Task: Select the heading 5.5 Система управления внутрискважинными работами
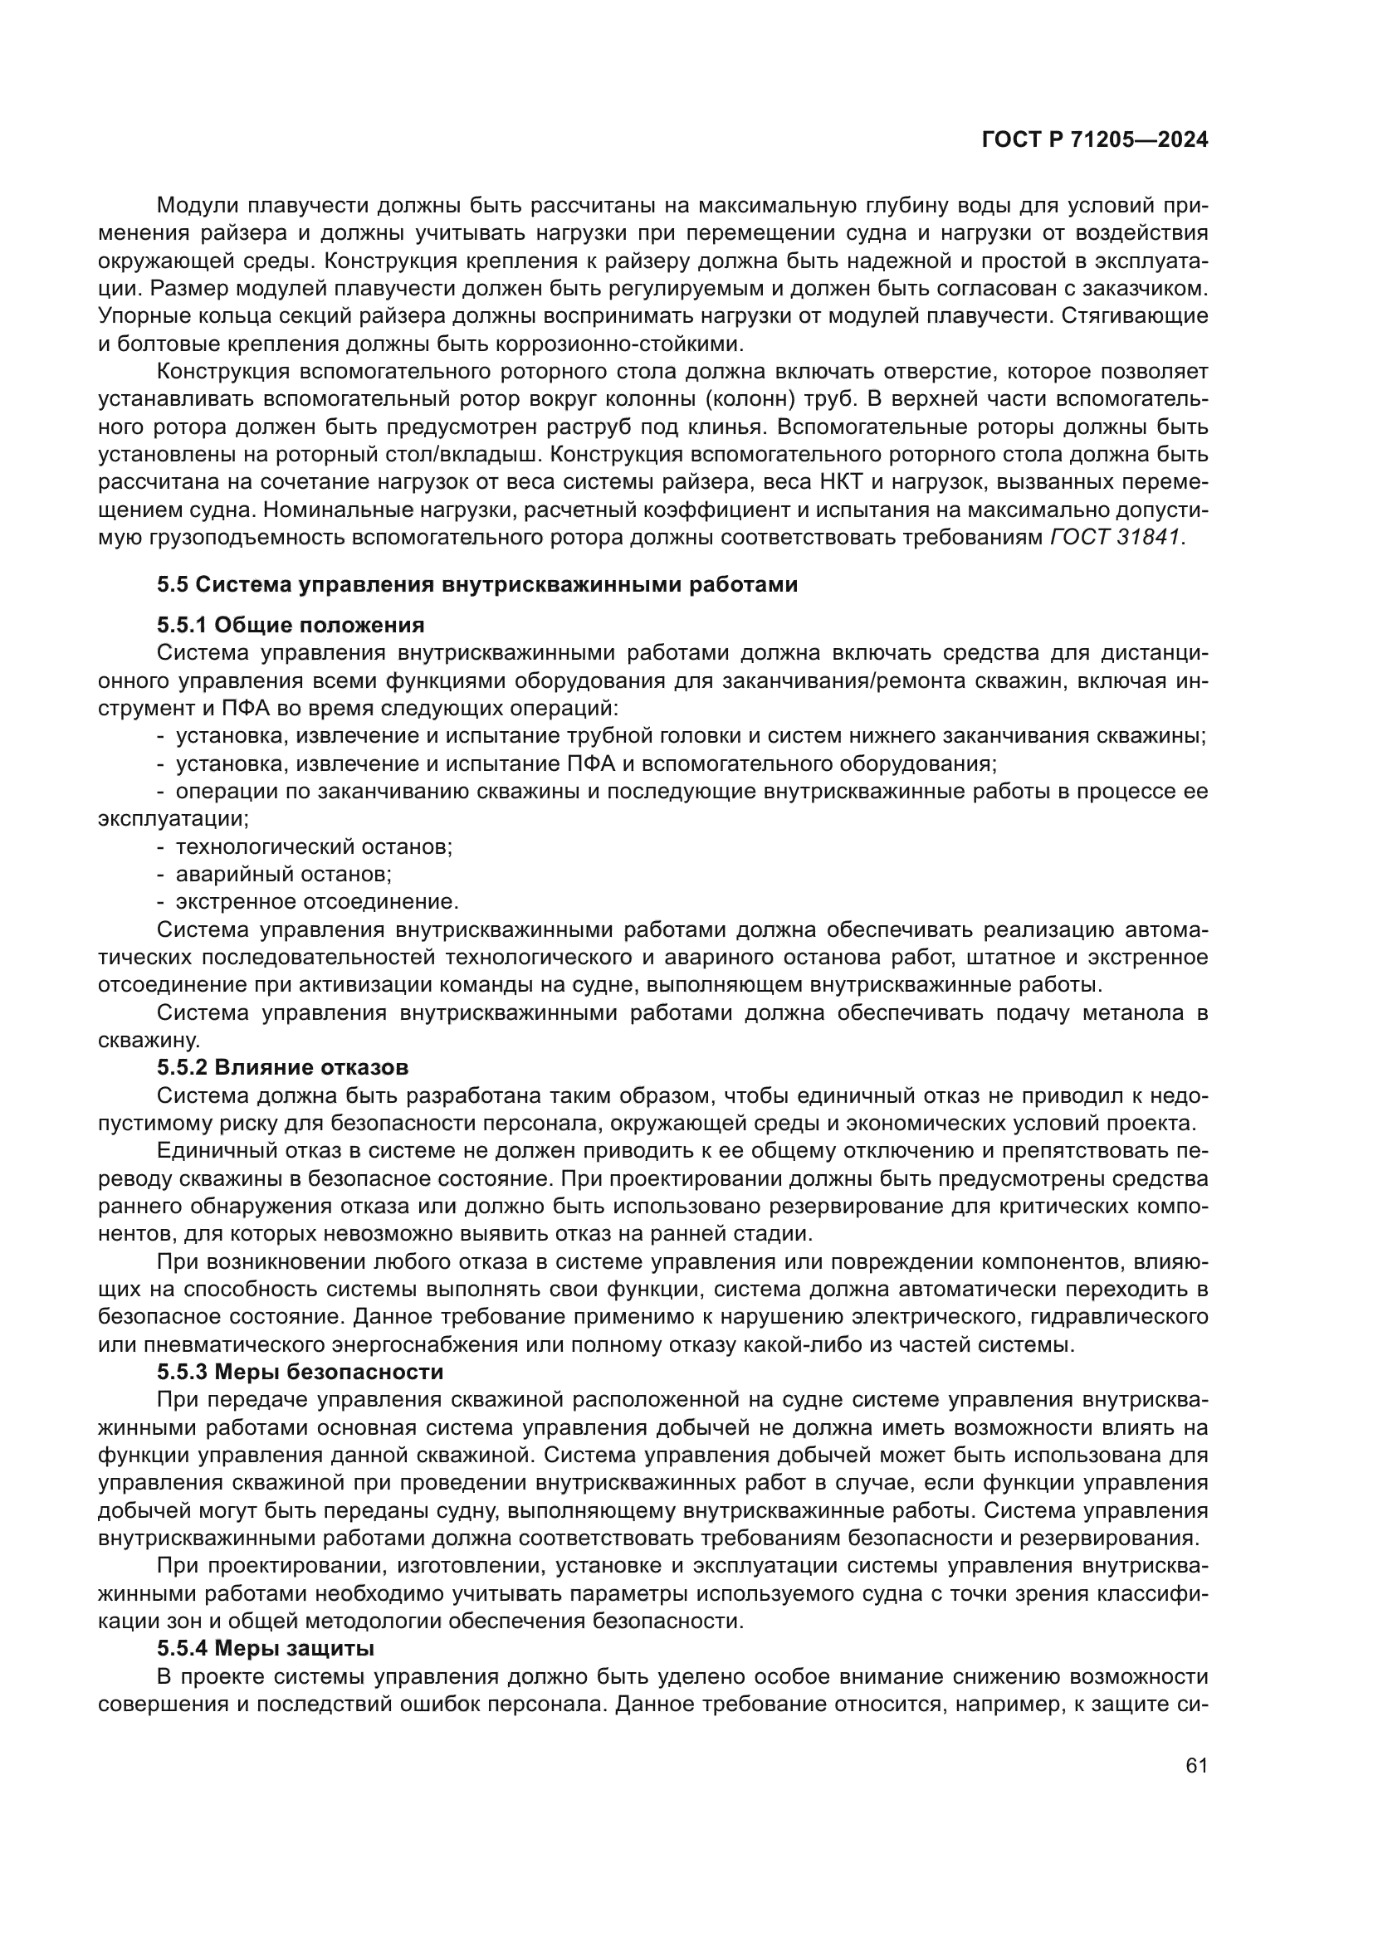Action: (476, 584)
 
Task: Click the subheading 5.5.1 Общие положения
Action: (290, 625)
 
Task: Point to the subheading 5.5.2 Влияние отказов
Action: (282, 1067)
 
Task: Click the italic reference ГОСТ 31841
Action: (1114, 538)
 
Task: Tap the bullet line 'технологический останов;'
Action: (314, 846)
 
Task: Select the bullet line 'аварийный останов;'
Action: (283, 873)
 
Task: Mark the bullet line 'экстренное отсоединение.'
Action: (317, 901)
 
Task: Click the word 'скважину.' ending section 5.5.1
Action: (149, 1040)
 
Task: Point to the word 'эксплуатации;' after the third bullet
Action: (173, 818)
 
